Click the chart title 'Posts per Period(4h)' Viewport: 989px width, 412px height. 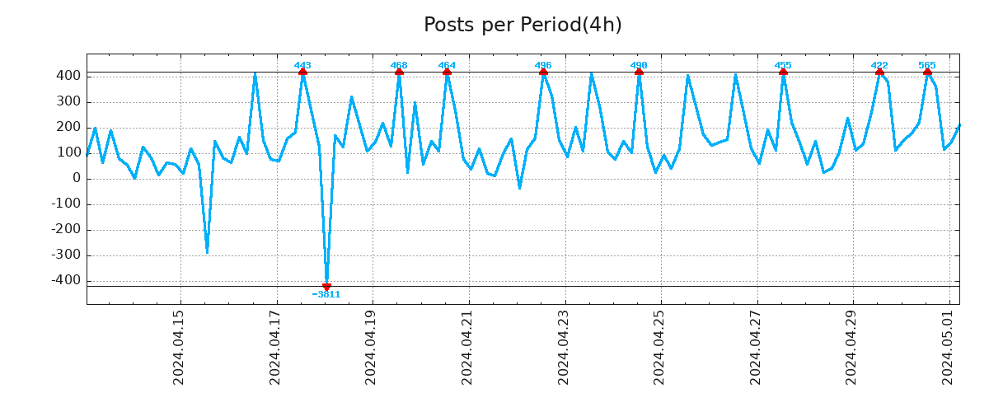523,26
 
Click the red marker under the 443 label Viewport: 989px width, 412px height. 302,73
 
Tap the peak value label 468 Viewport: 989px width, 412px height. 399,65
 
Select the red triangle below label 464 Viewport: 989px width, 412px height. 447,73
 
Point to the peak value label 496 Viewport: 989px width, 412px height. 543,65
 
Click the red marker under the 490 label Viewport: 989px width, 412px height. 639,73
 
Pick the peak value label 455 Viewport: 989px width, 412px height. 783,65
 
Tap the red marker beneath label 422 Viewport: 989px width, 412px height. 879,73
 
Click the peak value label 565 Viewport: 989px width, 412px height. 927,65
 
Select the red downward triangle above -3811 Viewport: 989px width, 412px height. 326,286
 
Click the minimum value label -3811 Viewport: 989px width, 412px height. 326,294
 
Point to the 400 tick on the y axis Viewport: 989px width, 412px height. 69,76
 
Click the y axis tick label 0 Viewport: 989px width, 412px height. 76,178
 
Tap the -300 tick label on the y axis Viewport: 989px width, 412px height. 67,255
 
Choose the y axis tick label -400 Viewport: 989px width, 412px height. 67,280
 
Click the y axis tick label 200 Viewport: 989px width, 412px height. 69,127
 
